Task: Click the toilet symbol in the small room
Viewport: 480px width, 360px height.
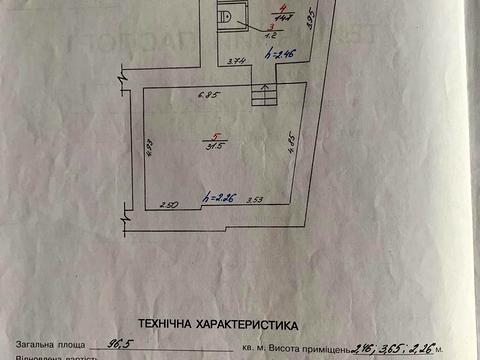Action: pos(229,16)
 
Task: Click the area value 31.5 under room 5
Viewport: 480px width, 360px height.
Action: pos(214,146)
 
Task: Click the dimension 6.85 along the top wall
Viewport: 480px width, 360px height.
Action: pos(207,96)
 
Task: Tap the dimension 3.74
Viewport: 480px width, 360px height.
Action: pos(237,62)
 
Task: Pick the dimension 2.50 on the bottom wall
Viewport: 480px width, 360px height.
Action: pos(168,204)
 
